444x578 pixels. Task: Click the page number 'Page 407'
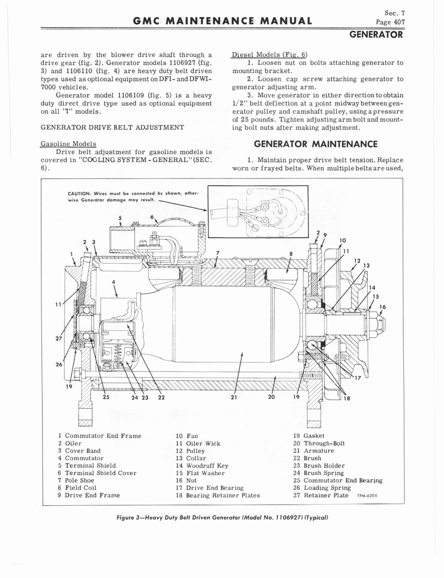[x=390, y=23]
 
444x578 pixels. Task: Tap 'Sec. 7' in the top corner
[x=394, y=12]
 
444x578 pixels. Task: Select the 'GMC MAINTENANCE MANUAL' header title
[x=222, y=22]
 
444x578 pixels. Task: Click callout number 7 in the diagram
[x=217, y=252]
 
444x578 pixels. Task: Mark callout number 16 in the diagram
[x=382, y=306]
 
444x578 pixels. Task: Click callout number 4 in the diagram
[x=113, y=282]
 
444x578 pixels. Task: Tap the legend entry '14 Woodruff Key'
[x=202, y=466]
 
